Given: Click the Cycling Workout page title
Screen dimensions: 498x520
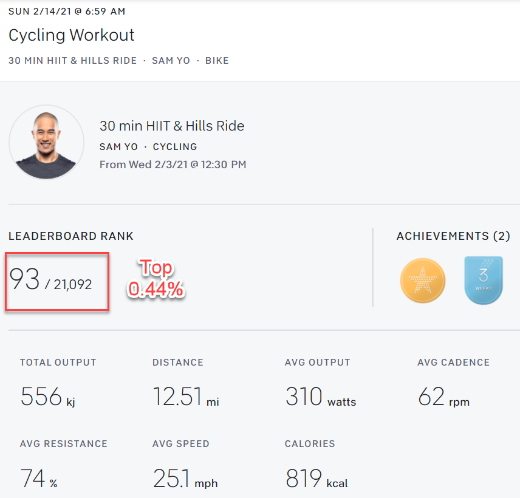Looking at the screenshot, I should point(72,35).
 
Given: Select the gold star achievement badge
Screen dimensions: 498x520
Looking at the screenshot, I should point(423,281).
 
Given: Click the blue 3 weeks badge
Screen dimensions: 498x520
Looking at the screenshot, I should point(484,280).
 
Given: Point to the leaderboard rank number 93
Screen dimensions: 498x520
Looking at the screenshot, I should point(24,281).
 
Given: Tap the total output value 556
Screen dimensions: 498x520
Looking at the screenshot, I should point(41,397).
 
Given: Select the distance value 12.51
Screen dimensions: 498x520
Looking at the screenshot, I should point(177,397).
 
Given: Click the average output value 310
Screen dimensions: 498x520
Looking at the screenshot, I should point(304,397).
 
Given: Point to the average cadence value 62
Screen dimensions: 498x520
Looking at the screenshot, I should point(431,397).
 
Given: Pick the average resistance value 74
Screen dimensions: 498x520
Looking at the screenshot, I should point(33,479).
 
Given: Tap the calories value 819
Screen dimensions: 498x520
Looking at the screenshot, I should point(303,479).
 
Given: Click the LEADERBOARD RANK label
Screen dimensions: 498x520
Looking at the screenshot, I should point(71,236).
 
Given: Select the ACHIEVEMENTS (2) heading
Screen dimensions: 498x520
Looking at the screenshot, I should point(453,236).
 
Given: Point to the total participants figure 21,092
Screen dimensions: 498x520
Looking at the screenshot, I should point(73,284).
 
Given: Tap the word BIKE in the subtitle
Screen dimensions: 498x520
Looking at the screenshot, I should point(217,61).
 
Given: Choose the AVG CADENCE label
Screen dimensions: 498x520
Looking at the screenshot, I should point(453,363).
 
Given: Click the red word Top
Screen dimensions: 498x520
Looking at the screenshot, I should point(157,268).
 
